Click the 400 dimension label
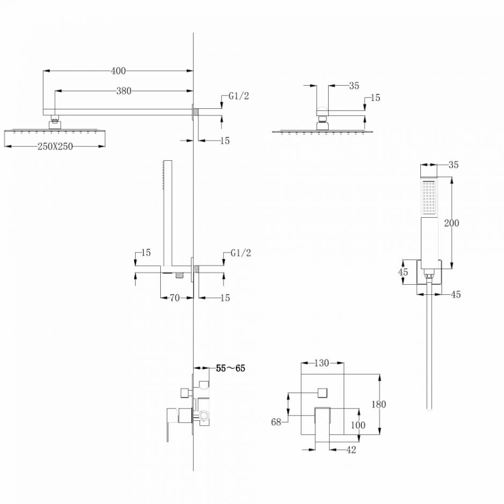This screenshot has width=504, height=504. coord(118,71)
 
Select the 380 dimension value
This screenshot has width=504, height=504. coord(124,91)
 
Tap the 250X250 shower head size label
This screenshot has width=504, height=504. coord(55,146)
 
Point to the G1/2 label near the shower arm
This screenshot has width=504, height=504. coord(239,96)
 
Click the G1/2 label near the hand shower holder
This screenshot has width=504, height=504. coord(241,253)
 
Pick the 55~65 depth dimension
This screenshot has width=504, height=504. coord(231,368)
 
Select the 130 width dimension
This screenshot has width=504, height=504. coord(321,363)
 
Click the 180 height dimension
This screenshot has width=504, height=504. coord(379,404)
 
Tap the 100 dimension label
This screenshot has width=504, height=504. coord(358,425)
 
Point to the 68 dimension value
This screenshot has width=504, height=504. coord(276,422)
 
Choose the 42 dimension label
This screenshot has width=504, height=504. coord(351,450)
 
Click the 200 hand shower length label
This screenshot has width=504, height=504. coord(451,223)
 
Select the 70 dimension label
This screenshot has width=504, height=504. coord(175,298)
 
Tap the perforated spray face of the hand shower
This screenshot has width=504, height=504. coord(429,197)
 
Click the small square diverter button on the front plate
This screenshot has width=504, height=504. coord(322,393)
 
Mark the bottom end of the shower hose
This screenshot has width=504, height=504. coord(429,410)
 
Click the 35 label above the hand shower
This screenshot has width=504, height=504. coord(453,165)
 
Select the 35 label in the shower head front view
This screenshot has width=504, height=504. coord(354,86)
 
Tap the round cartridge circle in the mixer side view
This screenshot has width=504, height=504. coord(203,416)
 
